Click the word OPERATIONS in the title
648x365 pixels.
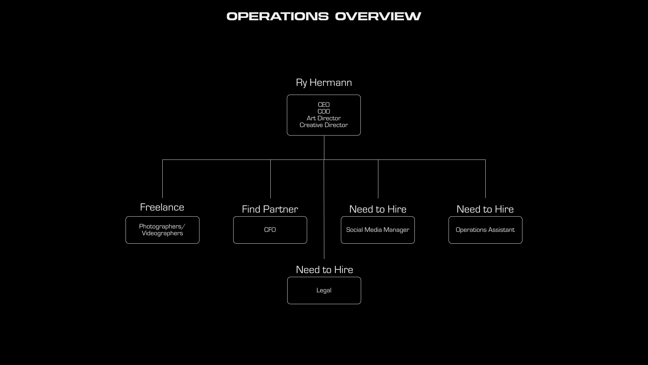[277, 16]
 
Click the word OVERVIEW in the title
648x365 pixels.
[378, 16]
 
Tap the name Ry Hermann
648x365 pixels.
[324, 82]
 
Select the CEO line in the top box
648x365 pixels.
[324, 105]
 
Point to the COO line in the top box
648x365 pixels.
[324, 112]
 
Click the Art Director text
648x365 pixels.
[324, 118]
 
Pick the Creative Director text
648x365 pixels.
[324, 125]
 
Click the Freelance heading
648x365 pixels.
[162, 207]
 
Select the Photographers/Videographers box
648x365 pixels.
[162, 230]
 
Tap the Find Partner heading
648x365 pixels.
[270, 209]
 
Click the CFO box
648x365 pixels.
[270, 230]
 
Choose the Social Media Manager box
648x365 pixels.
[378, 230]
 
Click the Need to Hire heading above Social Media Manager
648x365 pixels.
[378, 209]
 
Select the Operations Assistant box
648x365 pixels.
[485, 230]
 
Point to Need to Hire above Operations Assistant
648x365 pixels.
[485, 209]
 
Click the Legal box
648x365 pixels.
[324, 290]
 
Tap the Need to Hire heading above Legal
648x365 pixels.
[324, 270]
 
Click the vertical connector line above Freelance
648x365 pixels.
[162, 179]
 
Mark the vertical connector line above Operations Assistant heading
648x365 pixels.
[485, 179]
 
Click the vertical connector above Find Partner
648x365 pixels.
[270, 179]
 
